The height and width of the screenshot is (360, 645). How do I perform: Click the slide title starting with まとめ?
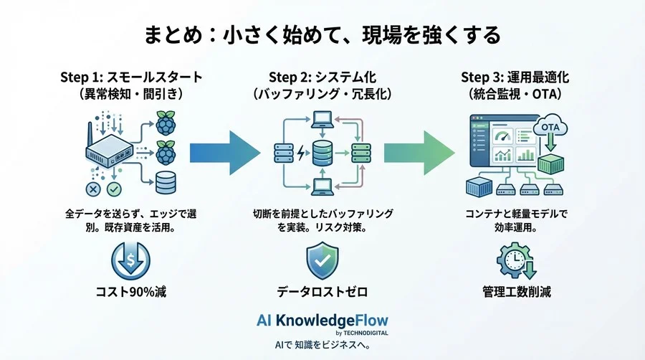(x=322, y=34)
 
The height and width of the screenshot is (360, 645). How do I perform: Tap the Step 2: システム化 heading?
(x=322, y=77)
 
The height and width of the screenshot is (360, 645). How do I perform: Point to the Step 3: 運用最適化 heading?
(x=515, y=77)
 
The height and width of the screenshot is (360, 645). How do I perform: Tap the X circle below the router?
(x=92, y=189)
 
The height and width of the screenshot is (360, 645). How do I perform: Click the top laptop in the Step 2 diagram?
(x=322, y=116)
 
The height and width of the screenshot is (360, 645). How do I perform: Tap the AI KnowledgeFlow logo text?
(x=322, y=320)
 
